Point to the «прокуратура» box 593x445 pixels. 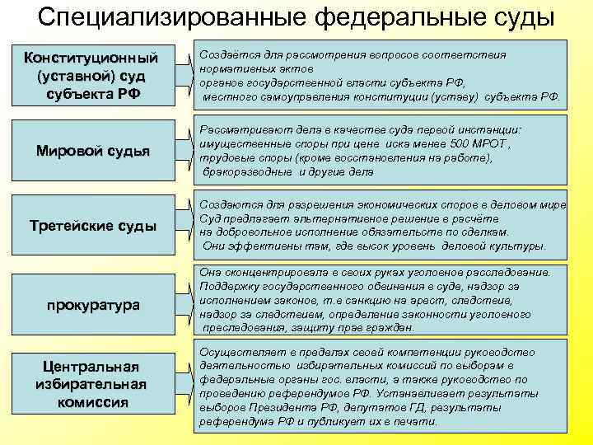pyautogui.click(x=92, y=305)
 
